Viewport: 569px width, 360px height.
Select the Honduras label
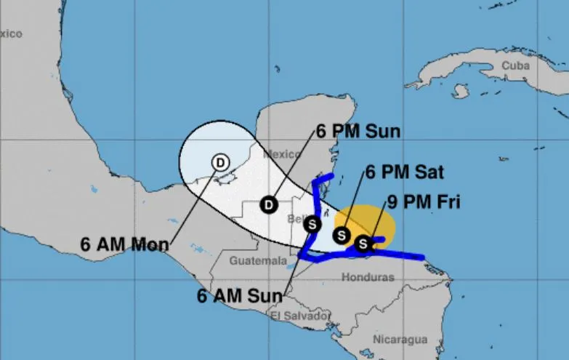pos(368,277)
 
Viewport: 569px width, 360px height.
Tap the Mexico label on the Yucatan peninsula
pos(282,153)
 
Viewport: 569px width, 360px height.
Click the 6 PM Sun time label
pos(358,132)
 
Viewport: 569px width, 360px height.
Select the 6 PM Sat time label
pos(404,173)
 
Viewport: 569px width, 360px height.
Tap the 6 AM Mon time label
pos(124,244)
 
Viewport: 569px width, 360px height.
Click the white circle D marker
pos(220,163)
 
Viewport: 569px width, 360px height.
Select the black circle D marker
pos(269,204)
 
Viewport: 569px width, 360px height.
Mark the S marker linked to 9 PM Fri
pos(363,244)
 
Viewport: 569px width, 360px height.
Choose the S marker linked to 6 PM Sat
pos(341,235)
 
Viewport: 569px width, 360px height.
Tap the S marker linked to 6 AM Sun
pos(312,224)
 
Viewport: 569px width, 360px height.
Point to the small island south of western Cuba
pos(459,92)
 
